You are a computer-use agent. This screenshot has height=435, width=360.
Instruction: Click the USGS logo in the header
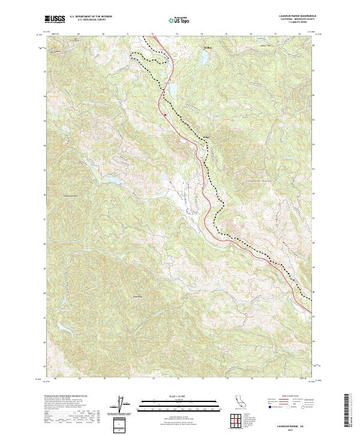coord(55,19)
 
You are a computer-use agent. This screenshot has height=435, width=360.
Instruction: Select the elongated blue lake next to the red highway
coord(172,91)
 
